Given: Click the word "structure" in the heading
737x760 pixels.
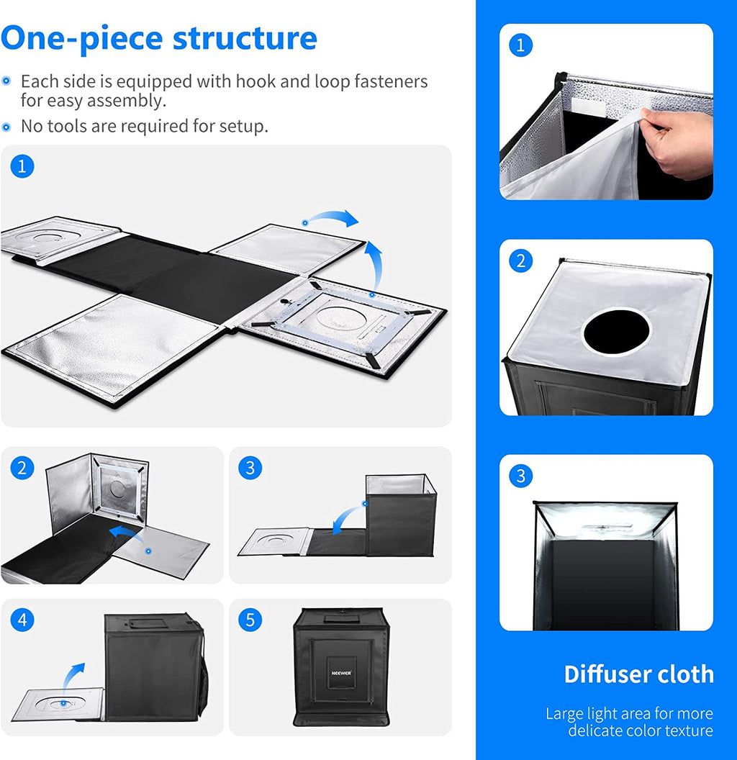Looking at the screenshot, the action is [245, 38].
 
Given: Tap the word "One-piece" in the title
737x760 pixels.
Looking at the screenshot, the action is [82, 40].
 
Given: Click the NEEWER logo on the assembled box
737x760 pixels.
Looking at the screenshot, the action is [341, 673].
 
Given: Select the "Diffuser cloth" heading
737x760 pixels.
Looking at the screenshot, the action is [638, 674].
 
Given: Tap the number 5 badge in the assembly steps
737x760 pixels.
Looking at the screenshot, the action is [250, 620].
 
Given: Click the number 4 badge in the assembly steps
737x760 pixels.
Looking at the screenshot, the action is [22, 620].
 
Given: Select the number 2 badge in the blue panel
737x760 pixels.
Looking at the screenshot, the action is [521, 261].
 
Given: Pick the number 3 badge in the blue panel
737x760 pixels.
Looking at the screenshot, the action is [521, 476].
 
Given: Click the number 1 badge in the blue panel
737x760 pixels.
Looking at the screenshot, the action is [521, 45].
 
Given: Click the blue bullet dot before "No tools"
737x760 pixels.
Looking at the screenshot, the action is [6, 127].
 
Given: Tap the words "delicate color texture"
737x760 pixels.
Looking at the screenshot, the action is [641, 730].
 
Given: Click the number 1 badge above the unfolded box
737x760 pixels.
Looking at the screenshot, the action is [22, 166].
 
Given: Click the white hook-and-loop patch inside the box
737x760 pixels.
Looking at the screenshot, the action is [588, 107].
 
